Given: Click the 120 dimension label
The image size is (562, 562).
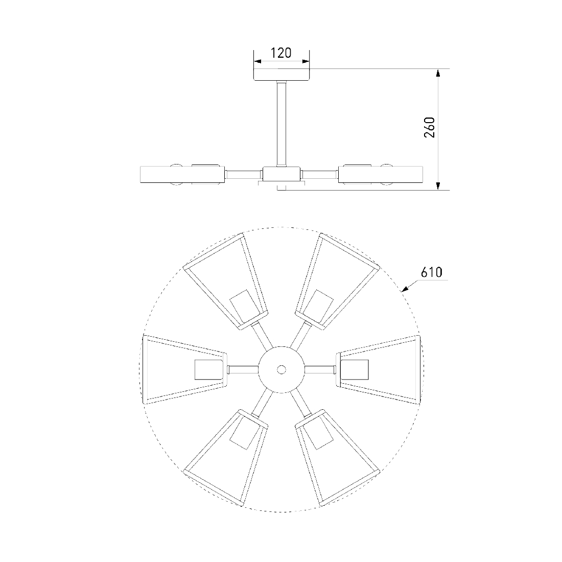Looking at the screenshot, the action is coord(280,53).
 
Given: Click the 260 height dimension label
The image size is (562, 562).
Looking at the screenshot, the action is coord(429,127).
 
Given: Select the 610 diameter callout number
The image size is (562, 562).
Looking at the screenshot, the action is coord(432,272).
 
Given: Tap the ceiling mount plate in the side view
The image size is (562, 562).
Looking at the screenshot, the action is coord(282,75).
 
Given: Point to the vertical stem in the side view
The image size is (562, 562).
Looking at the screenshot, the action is coord(282,124).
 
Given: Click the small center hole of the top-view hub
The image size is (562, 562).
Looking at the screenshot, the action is coord(282,369).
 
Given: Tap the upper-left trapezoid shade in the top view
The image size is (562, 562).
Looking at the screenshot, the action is coord(226,282).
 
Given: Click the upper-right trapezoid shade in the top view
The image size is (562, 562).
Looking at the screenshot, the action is coord(337,282).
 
